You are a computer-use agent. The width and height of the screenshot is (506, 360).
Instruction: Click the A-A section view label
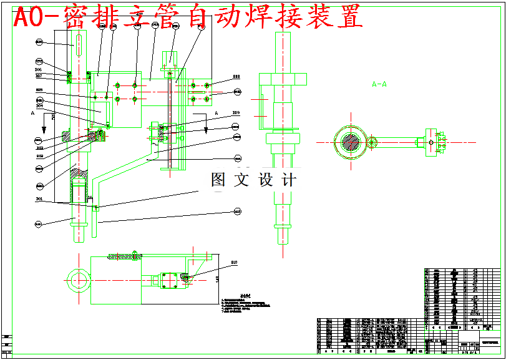[x=379, y=84]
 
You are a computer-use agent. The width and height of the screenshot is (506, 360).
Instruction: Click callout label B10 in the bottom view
[x=234, y=263]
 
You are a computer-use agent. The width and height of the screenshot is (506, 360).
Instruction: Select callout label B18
[x=236, y=77]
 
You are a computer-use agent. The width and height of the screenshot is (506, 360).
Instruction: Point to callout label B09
[x=236, y=113]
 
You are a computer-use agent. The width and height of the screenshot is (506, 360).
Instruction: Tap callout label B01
[x=39, y=199]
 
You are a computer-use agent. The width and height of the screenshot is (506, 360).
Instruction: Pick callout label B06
[x=38, y=70]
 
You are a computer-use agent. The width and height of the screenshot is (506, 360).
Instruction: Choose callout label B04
[x=39, y=106]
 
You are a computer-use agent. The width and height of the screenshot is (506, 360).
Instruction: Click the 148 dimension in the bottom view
[x=217, y=279]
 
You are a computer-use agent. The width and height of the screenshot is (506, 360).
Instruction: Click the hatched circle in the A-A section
[x=352, y=141]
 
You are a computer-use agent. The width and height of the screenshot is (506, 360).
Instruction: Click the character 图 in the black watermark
[x=219, y=181]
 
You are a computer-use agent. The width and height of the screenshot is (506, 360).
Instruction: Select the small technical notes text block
[x=246, y=304]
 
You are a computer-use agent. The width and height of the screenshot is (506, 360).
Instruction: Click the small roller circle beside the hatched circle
[x=372, y=142]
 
